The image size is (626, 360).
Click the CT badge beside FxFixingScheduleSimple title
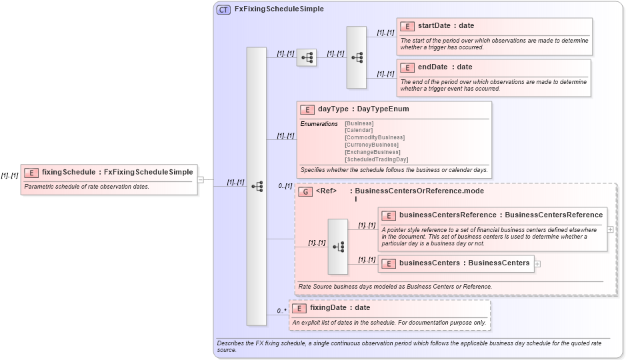click(223, 9)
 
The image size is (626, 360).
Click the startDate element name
click(433, 26)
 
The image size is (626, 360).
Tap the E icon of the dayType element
click(307, 109)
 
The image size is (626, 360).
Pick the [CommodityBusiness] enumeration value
click(374, 137)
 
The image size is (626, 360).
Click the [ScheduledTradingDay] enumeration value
click(376, 159)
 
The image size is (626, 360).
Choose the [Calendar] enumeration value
click(359, 130)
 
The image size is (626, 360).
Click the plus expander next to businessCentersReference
click(611, 229)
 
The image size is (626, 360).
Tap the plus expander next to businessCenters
click(537, 263)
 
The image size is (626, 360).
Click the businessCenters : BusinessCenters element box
click(457, 263)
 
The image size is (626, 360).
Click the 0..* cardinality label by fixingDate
click(282, 311)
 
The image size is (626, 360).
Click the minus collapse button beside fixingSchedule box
click(200, 179)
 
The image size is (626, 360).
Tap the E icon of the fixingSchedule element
click(31, 173)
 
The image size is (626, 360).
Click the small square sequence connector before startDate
click(307, 58)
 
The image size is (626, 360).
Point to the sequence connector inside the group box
click(337, 247)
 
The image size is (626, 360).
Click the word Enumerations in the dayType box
click(319, 124)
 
